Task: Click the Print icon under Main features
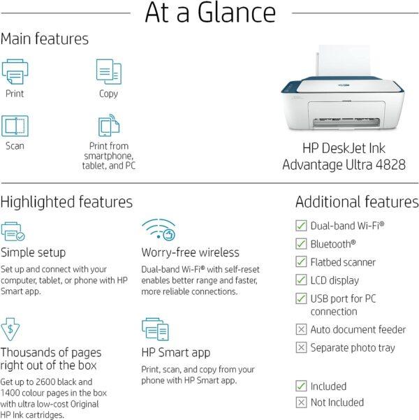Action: click(x=15, y=71)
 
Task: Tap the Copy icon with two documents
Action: click(x=109, y=71)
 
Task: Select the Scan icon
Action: click(x=15, y=126)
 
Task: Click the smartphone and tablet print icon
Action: click(x=109, y=125)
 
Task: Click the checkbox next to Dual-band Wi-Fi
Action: click(x=301, y=226)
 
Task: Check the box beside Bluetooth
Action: click(x=301, y=244)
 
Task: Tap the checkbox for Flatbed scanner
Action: click(x=301, y=261)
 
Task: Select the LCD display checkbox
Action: click(x=301, y=280)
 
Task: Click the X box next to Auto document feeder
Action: click(x=301, y=329)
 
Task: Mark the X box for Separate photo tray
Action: click(x=301, y=348)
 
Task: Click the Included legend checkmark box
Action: click(x=301, y=386)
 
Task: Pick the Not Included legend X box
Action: click(x=301, y=403)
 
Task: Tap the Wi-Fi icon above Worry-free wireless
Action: click(x=159, y=230)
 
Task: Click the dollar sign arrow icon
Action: click(x=10, y=329)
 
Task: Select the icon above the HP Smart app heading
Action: click(x=155, y=329)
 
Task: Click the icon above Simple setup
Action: click(x=13, y=231)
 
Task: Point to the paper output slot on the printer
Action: click(x=346, y=123)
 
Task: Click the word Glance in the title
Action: click(x=237, y=13)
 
